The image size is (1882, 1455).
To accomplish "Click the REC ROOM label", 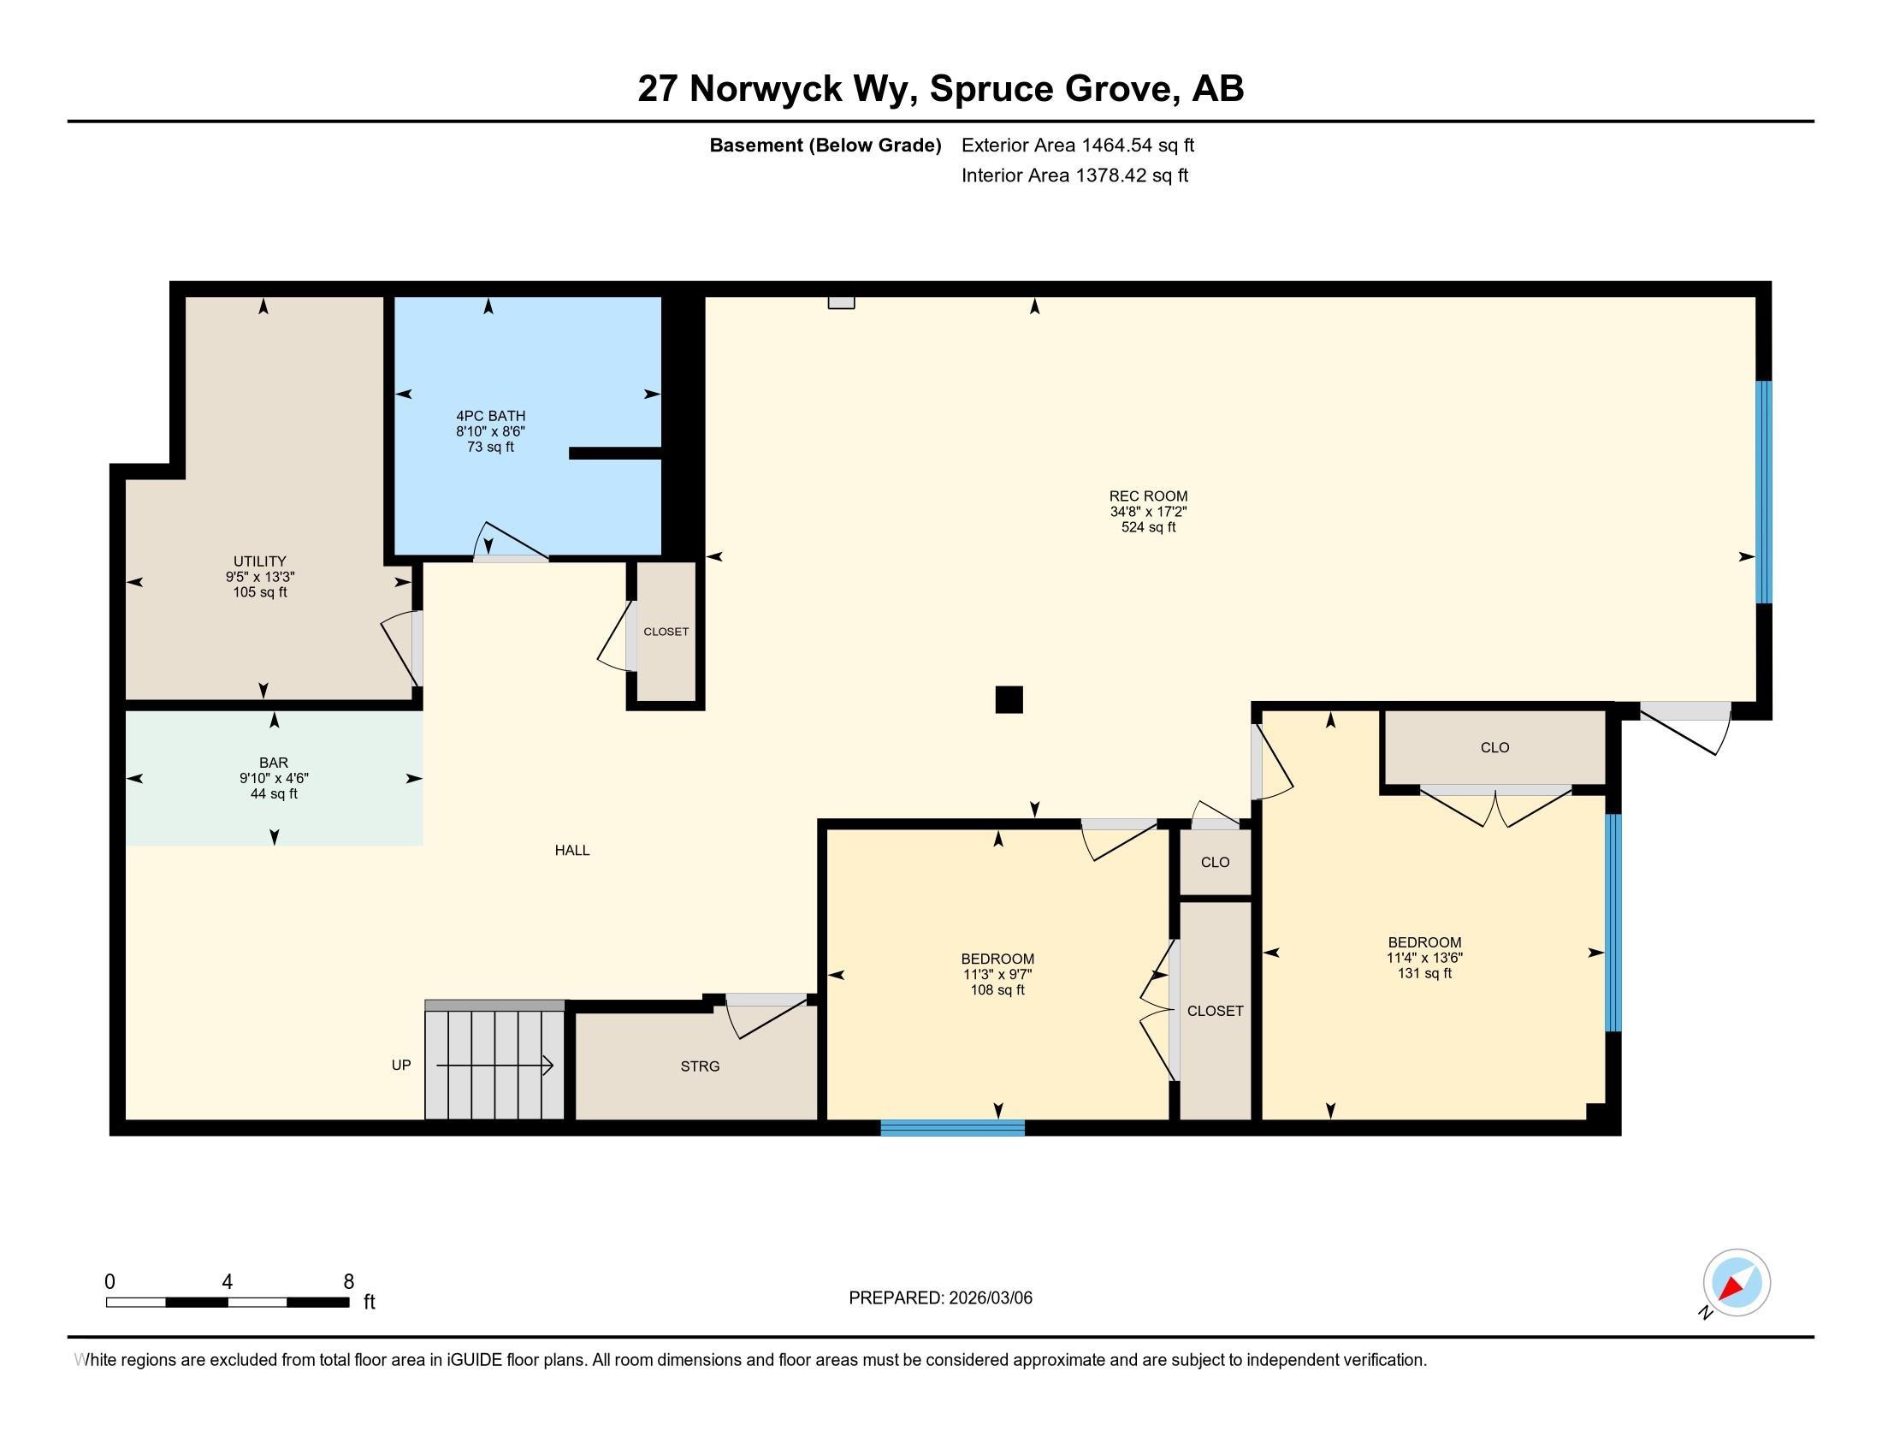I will click(1148, 496).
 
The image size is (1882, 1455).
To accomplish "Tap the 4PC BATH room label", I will click(490, 415).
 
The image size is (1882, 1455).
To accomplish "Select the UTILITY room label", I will click(259, 561).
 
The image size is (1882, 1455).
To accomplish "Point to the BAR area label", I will click(274, 763).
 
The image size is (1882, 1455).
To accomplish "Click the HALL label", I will click(572, 851).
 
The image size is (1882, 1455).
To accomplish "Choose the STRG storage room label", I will click(700, 1066).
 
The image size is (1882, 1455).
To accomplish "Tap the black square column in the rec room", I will click(1009, 700).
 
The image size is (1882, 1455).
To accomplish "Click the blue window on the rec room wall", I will click(1764, 491).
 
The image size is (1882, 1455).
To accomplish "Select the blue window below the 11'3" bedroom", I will click(952, 1127).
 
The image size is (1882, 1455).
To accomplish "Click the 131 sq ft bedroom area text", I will click(1424, 973).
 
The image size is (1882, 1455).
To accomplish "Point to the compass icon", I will click(1737, 1283).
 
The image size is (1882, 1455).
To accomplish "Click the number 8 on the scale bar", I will click(349, 1282).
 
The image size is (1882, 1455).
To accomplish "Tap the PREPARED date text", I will click(940, 1298).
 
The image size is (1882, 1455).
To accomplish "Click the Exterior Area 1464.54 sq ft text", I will click(1078, 145).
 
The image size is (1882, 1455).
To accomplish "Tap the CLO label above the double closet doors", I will click(1495, 747).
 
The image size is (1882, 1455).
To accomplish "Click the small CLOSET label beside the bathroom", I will click(666, 632).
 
